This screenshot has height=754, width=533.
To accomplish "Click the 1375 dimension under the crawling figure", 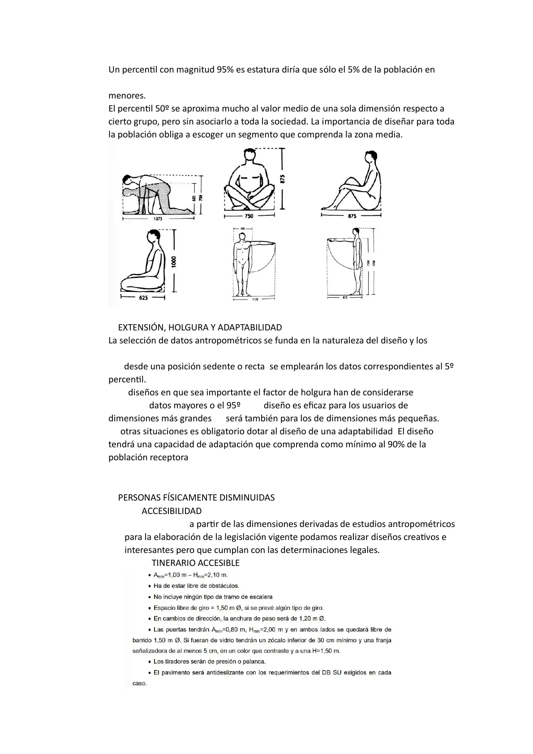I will click(x=158, y=219).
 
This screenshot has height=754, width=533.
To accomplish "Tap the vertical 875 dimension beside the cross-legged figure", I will click(x=282, y=179).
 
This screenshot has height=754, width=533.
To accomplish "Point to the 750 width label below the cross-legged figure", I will click(x=249, y=216).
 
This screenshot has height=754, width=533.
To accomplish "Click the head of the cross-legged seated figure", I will click(x=250, y=157).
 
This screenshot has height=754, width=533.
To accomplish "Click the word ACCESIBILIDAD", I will click(x=172, y=511).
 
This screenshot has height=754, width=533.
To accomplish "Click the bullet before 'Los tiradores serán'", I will click(x=149, y=662).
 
